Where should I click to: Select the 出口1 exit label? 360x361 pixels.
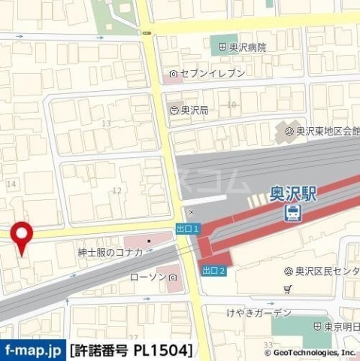point(187,227)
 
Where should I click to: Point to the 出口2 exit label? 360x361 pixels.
point(213,269)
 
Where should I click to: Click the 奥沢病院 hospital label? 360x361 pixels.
point(242,47)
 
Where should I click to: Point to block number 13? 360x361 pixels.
point(106,123)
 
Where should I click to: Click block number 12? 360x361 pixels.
point(116,190)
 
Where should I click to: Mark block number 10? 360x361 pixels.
point(231,105)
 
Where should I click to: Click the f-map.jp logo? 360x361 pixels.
point(32,350)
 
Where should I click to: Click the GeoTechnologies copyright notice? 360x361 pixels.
point(309,351)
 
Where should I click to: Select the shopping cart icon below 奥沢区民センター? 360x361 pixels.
point(288,288)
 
